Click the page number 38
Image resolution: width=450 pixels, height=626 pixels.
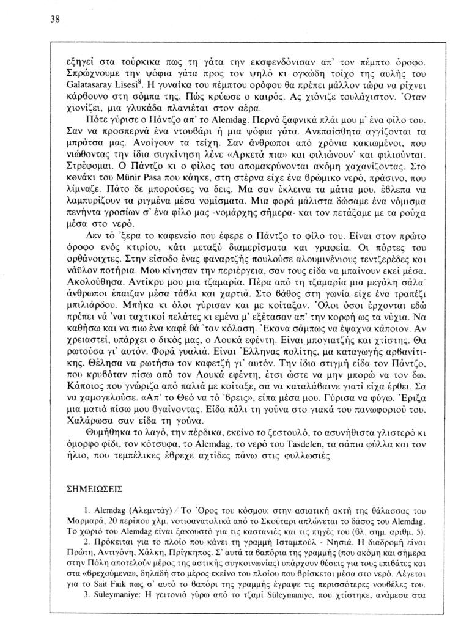click(x=54, y=19)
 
